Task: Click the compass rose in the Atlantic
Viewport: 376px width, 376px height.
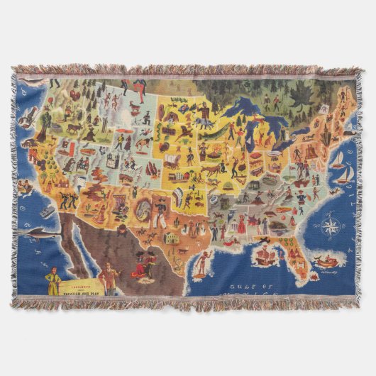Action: pos(330,228)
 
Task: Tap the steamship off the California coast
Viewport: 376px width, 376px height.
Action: pos(47,211)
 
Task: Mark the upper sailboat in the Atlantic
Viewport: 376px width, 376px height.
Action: pos(340,158)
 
